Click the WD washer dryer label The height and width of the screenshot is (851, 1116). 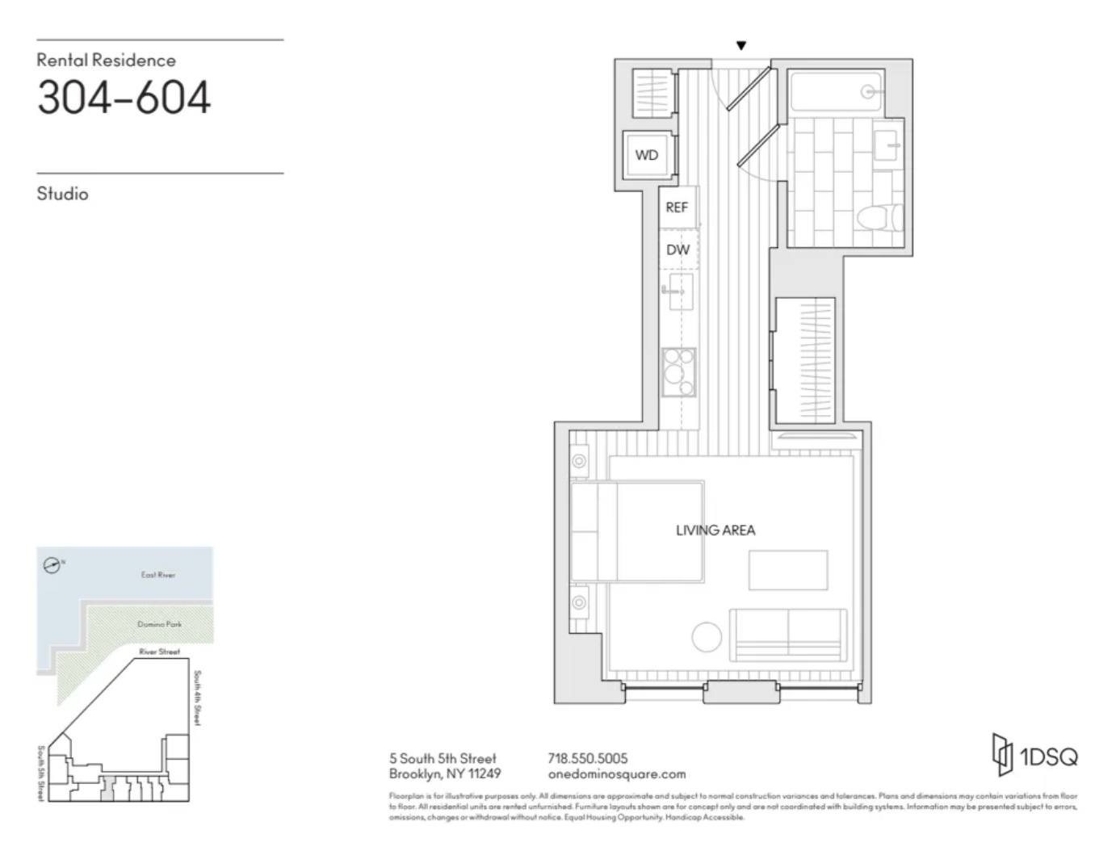(x=646, y=155)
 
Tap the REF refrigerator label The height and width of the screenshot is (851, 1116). (x=676, y=208)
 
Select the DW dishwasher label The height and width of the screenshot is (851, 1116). (x=678, y=249)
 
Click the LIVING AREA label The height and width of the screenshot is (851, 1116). (x=715, y=530)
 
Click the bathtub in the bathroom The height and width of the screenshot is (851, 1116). (x=836, y=92)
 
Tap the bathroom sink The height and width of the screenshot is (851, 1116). (x=887, y=145)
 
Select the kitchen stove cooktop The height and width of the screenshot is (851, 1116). (x=678, y=371)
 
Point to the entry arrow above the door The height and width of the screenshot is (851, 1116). (x=741, y=46)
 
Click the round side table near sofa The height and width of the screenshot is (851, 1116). (x=707, y=637)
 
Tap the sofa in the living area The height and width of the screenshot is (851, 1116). (x=788, y=635)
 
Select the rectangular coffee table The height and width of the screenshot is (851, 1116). (x=788, y=570)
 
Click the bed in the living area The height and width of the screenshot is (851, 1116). (x=637, y=531)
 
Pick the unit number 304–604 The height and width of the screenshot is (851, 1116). (x=124, y=98)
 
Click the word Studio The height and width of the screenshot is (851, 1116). (x=62, y=194)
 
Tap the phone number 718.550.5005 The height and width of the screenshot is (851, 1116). (x=587, y=758)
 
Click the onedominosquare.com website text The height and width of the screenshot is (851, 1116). (x=616, y=773)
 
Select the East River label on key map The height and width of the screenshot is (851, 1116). (x=157, y=575)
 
